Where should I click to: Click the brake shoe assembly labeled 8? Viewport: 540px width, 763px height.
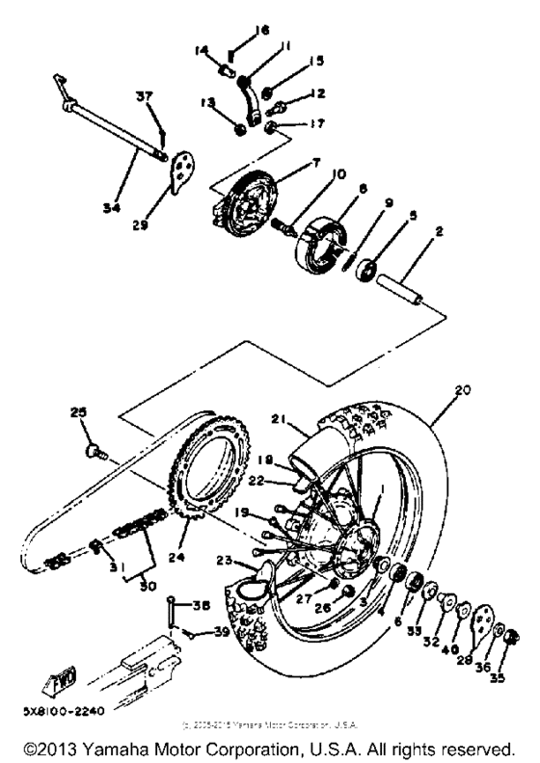(323, 237)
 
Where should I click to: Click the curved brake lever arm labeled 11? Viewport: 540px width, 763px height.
(252, 101)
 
